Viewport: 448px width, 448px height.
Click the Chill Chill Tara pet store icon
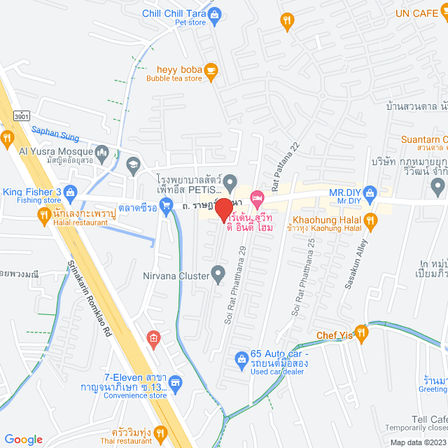point(216,13)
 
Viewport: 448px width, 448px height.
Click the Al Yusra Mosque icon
point(102,152)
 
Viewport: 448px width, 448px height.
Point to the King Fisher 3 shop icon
point(70,192)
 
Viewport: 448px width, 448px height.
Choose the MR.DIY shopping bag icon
point(371,192)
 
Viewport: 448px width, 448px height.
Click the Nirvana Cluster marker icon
point(219,274)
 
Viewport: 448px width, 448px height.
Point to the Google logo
point(23,439)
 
